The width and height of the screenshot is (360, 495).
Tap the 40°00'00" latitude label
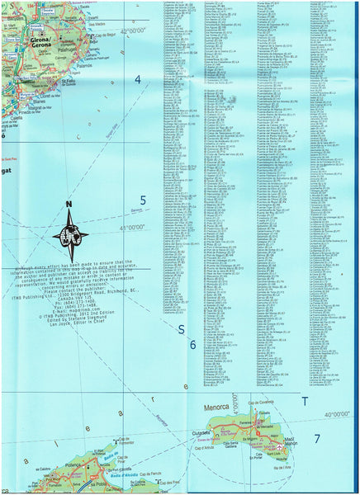coord(339,413)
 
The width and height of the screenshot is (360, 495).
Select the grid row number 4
coord(138,80)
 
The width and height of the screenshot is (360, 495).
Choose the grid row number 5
coord(143,200)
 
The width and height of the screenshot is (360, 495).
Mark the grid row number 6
coord(192,345)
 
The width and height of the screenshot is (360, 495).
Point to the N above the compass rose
coord(69,205)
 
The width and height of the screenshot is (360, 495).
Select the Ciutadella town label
coord(202,431)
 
